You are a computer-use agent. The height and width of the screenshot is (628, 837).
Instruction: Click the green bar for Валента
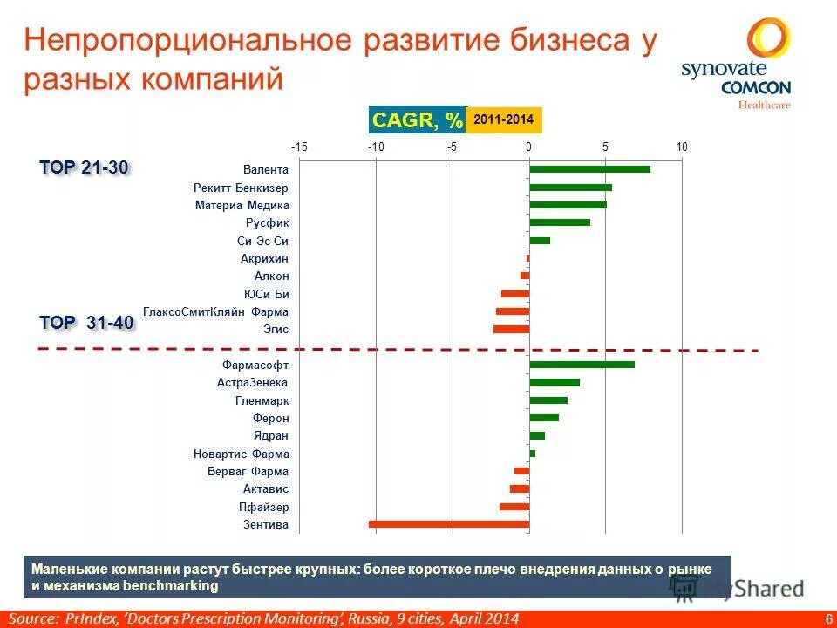[589, 169]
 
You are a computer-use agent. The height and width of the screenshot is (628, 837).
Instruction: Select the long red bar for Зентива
[449, 524]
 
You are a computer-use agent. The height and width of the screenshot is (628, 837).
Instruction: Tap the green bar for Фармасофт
[582, 365]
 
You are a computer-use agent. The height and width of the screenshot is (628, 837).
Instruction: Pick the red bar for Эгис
[511, 329]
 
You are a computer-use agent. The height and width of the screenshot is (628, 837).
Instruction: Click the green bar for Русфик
[560, 222]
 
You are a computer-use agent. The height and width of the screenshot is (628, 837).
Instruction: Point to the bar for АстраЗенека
[555, 382]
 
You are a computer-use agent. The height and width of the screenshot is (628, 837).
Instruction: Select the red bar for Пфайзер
[514, 507]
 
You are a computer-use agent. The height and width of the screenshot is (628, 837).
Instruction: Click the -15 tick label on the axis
[299, 147]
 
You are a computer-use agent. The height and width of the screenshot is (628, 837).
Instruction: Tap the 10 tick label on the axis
[682, 147]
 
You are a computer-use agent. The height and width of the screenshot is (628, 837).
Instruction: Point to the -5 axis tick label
[452, 147]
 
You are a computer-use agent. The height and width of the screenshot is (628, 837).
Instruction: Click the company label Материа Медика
[242, 206]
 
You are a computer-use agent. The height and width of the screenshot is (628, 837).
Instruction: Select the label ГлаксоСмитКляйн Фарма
[215, 312]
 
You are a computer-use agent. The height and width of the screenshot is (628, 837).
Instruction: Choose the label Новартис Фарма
[241, 454]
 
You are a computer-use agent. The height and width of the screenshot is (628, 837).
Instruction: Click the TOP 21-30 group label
[85, 167]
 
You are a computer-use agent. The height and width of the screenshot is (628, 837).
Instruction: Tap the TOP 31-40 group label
[86, 323]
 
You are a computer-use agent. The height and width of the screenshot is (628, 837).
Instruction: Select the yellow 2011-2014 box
[504, 119]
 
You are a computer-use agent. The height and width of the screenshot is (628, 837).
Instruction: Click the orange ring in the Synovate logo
[768, 39]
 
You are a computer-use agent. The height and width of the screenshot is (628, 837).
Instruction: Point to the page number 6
[827, 618]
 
